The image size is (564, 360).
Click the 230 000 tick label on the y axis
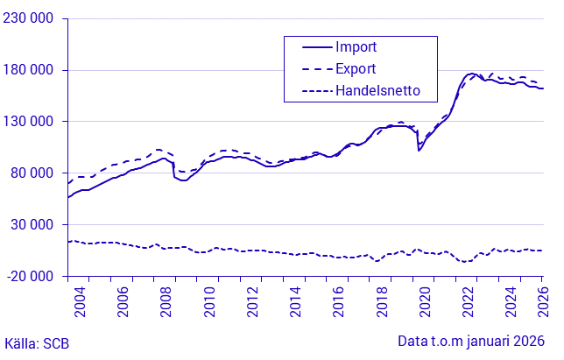[x=29, y=18]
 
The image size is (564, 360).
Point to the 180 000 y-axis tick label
[x=29, y=70]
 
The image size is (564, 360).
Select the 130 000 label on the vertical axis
[x=29, y=122]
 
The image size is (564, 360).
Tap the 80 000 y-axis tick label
[x=32, y=173]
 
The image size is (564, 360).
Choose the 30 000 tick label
[x=32, y=224]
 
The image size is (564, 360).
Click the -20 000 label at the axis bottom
[x=31, y=276]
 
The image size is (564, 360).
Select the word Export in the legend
[x=356, y=68]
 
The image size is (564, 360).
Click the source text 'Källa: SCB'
[x=37, y=342]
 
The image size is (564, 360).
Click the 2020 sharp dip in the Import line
[x=419, y=150]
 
